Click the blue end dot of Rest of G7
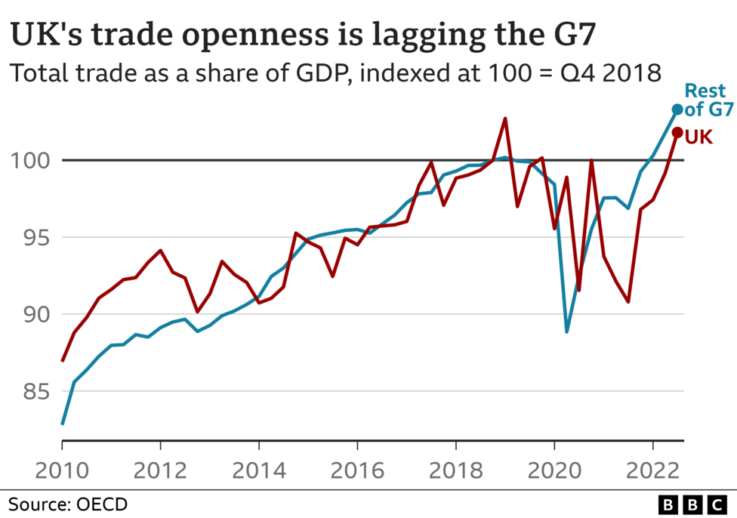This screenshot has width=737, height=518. coord(677,109)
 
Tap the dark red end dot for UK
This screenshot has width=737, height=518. coord(677,133)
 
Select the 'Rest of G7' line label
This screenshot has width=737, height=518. coord(708,100)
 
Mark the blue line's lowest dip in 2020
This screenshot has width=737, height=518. coord(566,331)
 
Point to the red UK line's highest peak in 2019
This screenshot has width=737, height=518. coord(505,119)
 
